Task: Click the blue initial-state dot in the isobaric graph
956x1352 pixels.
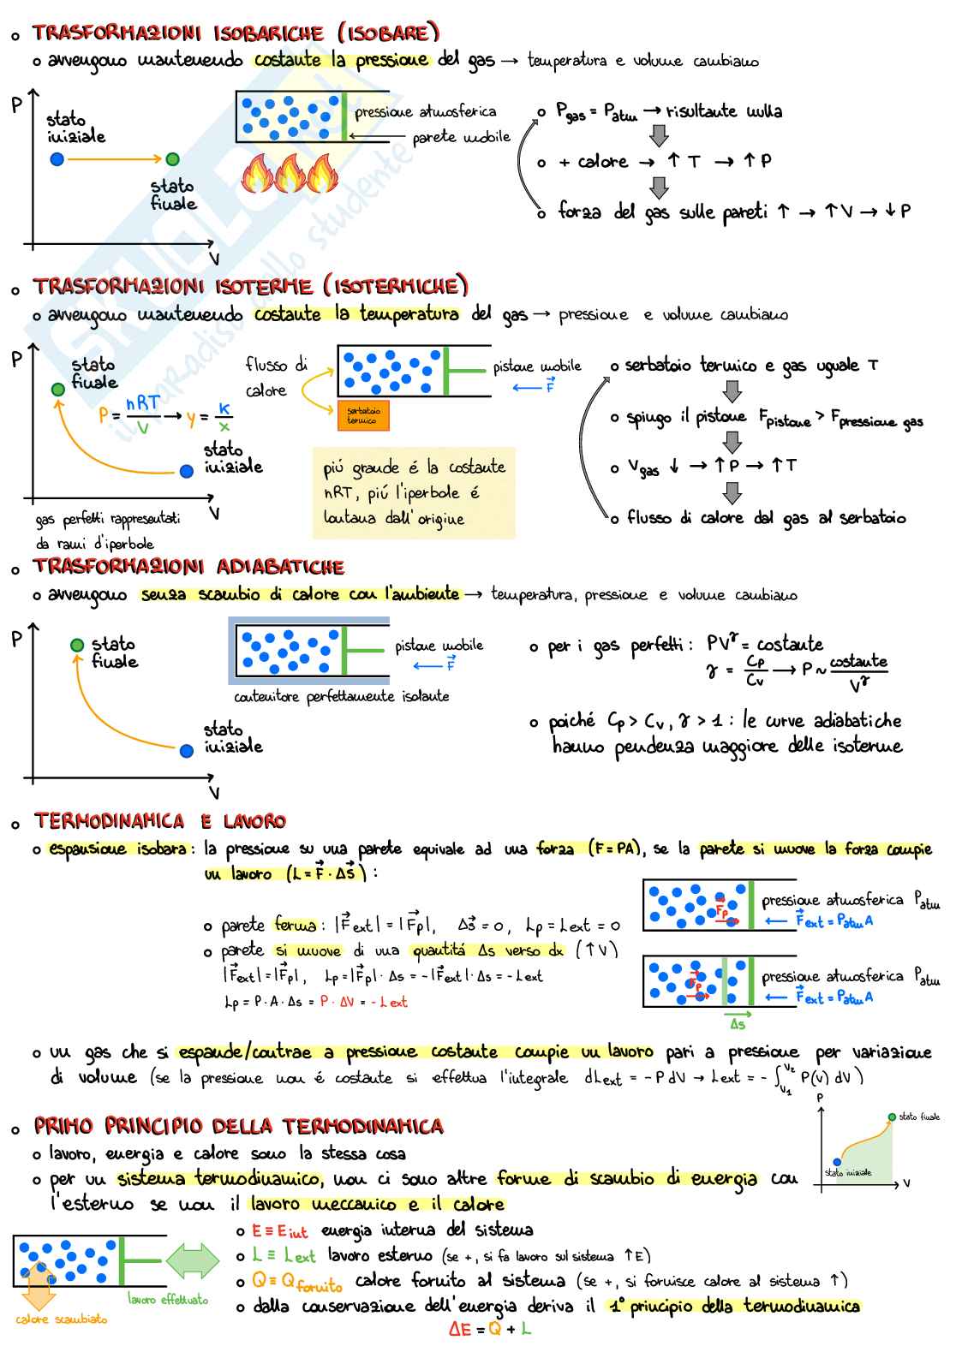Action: coord(57,158)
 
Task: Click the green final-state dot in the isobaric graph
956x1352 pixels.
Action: coord(172,158)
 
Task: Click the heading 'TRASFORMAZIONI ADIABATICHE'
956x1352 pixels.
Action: coord(188,567)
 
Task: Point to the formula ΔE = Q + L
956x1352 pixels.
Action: coord(489,1330)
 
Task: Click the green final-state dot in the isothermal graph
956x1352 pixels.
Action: coord(57,389)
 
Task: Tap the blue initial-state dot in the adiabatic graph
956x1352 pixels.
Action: coord(187,751)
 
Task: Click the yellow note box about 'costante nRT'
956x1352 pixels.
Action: coord(414,492)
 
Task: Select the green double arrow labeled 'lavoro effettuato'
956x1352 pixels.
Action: coord(193,1261)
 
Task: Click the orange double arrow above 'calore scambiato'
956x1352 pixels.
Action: coord(37,1285)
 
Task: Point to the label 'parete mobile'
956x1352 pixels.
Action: coord(461,137)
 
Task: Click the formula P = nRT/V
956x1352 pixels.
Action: coord(129,414)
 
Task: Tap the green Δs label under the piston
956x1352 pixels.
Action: coord(737,1024)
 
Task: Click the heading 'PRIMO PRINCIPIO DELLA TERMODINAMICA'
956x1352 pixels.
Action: coord(239,1126)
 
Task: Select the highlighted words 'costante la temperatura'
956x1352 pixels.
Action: coord(356,314)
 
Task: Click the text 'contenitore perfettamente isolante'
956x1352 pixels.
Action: coord(341,696)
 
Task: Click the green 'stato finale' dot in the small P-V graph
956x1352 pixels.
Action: coord(892,1117)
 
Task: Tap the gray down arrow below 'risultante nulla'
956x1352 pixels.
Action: coord(659,135)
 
